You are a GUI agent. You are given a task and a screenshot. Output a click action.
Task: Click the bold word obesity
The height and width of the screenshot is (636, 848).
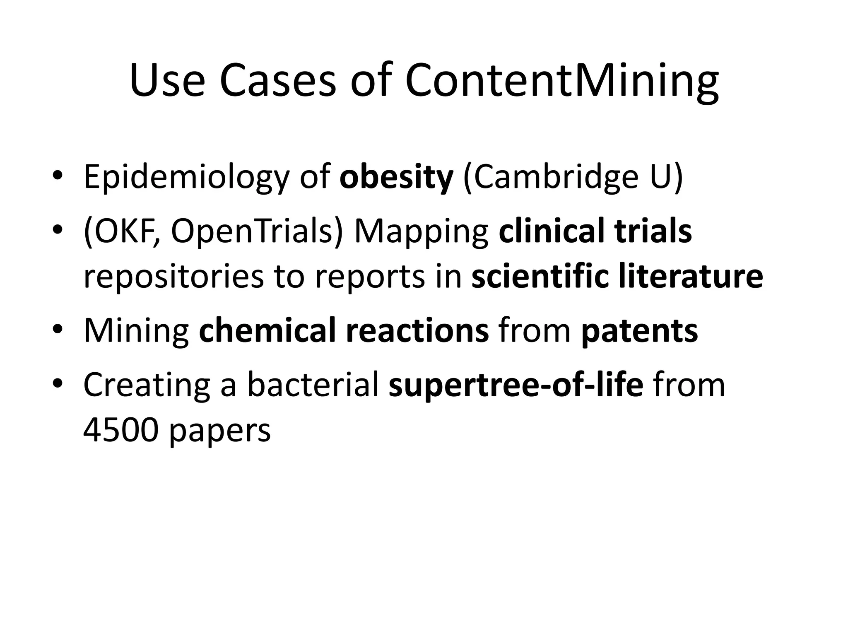tap(396, 178)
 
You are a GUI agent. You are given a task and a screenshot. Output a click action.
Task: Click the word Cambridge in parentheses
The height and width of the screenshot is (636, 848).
tap(556, 178)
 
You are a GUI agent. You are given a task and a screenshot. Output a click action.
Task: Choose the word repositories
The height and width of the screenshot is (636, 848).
tap(173, 277)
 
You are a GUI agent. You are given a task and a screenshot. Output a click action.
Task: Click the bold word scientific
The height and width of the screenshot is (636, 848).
tap(540, 277)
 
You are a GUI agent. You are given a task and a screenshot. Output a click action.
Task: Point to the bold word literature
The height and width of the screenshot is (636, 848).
tap(691, 277)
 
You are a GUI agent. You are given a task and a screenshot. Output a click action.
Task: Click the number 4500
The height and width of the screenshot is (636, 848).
tap(120, 430)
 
